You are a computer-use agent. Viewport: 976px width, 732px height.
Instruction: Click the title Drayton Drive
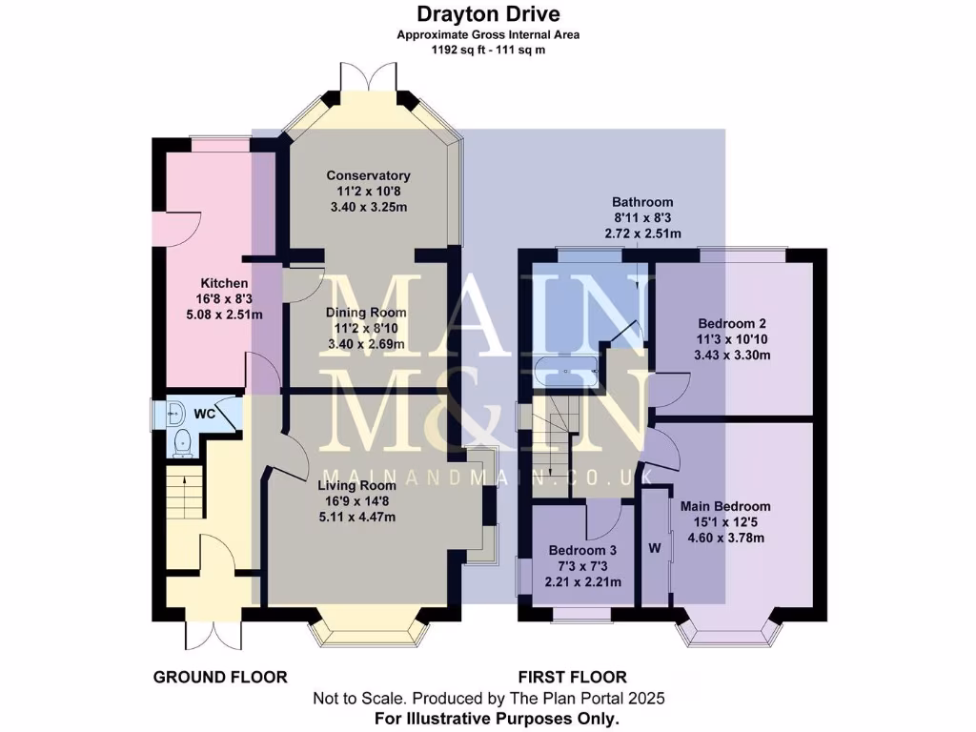click(x=487, y=13)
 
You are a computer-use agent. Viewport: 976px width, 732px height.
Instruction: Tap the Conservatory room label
click(x=368, y=175)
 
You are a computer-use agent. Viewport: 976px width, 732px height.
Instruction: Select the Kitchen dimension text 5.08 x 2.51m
click(x=224, y=315)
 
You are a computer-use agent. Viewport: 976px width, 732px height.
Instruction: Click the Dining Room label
click(x=366, y=313)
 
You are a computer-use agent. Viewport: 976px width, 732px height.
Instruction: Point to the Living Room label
click(x=356, y=485)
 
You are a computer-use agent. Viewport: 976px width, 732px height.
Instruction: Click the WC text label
click(x=204, y=414)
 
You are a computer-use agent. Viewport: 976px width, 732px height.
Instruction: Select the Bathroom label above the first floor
click(x=642, y=202)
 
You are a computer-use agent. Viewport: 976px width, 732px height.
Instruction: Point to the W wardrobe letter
click(x=654, y=548)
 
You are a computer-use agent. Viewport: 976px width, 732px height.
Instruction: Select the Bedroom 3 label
click(x=582, y=551)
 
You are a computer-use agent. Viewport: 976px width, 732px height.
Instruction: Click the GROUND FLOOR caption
click(x=220, y=678)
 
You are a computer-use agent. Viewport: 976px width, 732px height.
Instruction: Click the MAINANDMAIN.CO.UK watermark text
click(x=487, y=476)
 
